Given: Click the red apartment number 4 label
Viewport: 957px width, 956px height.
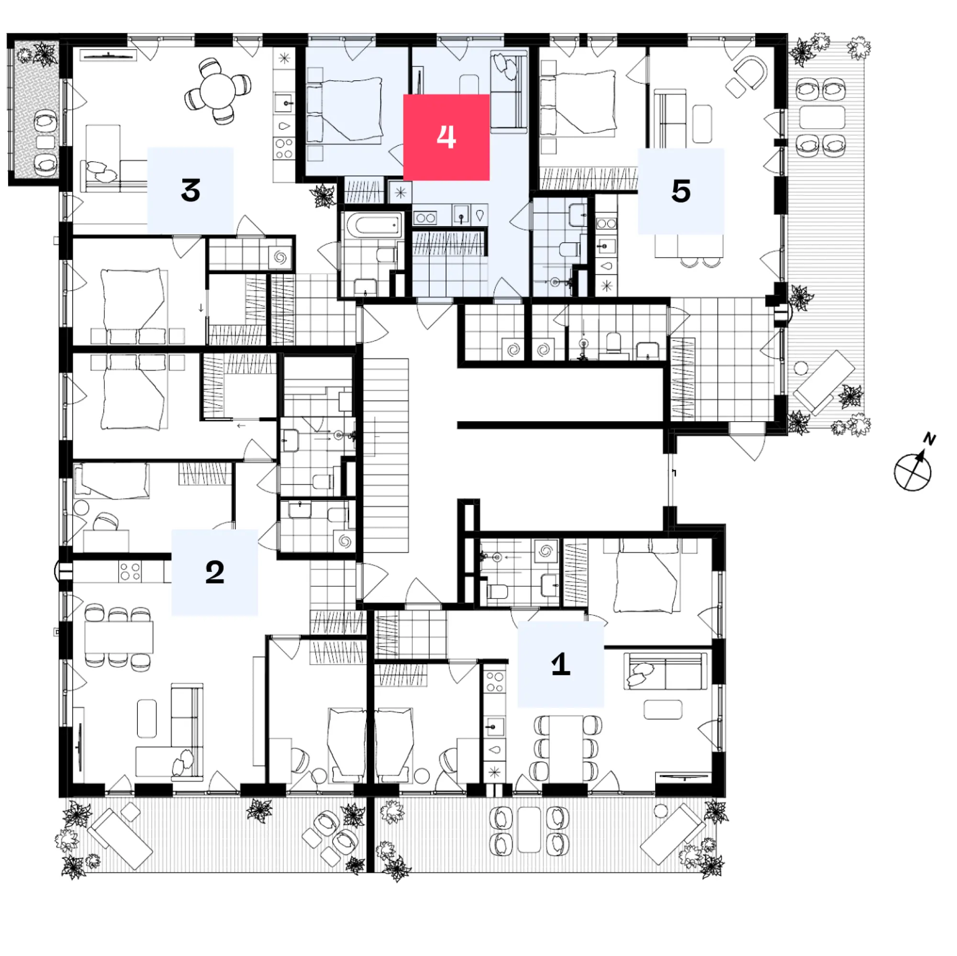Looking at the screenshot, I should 446,137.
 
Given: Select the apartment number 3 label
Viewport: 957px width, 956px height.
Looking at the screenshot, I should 190,190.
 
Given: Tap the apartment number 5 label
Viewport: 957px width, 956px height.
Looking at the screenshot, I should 680,191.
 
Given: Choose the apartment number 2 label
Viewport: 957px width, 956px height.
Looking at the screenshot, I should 214,572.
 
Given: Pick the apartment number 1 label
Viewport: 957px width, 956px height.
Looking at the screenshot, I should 560,663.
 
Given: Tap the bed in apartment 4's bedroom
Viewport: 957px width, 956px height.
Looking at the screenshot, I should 352,109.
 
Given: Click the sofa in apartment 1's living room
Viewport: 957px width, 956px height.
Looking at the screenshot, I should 665,671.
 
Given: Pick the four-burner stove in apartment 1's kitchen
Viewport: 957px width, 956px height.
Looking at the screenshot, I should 494,681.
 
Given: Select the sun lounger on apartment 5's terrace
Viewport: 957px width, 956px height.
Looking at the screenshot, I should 824,382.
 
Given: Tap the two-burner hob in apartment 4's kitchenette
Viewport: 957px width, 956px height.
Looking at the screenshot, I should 424,217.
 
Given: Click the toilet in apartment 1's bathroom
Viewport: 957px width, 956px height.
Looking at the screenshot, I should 497,591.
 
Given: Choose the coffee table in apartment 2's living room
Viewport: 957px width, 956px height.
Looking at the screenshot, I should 146,718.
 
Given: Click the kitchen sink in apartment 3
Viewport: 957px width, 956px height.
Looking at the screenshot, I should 284,103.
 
